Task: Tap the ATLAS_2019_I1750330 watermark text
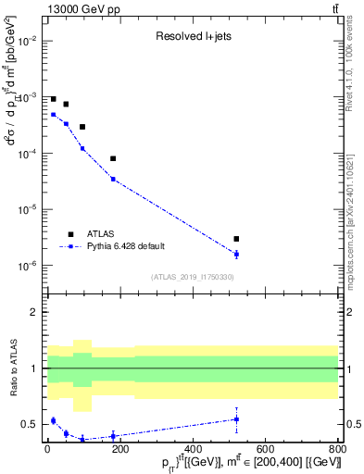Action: click(192, 277)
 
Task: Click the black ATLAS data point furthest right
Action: click(236, 239)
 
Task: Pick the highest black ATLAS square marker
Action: click(53, 99)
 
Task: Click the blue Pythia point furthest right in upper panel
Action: click(236, 254)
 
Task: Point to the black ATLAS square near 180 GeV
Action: click(113, 158)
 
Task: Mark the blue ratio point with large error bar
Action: click(236, 419)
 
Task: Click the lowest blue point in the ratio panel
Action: click(82, 439)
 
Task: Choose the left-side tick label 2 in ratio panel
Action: click(34, 312)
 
